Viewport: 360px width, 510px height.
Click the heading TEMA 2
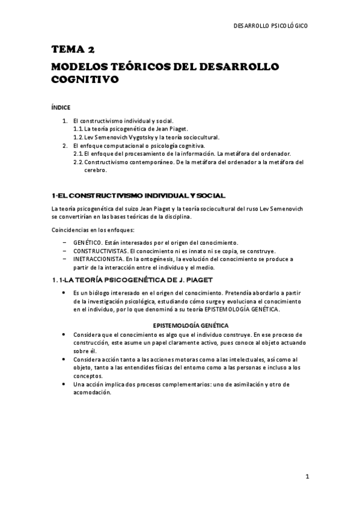(x=73, y=49)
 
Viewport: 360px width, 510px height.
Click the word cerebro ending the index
(x=95, y=170)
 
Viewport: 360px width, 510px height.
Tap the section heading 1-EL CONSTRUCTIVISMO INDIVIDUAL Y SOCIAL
(x=139, y=195)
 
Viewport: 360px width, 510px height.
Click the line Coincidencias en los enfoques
(x=92, y=230)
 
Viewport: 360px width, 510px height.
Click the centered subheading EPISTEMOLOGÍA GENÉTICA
(x=188, y=325)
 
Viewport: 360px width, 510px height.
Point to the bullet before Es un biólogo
(x=64, y=292)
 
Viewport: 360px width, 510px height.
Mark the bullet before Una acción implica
(x=64, y=384)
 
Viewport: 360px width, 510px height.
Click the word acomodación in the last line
(x=93, y=392)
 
